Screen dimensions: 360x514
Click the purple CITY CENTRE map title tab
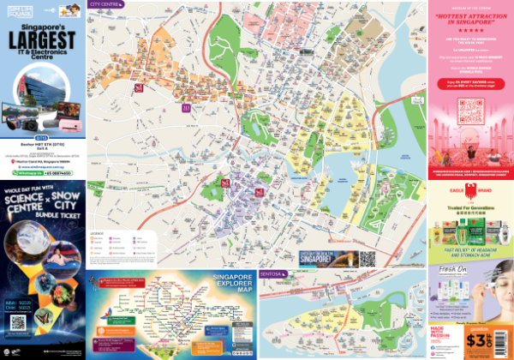104,4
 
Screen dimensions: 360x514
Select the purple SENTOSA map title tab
275,274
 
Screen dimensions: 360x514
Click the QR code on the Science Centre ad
18,323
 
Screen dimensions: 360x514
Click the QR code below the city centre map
368,258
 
